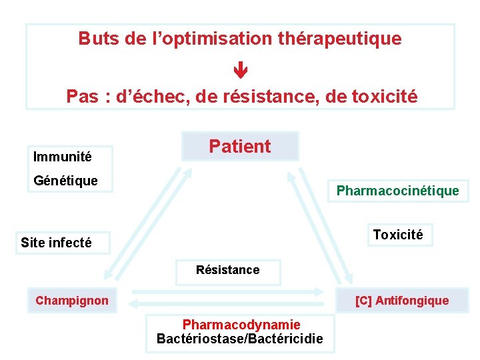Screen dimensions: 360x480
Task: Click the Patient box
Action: click(x=240, y=146)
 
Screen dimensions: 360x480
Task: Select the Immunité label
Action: click(x=63, y=157)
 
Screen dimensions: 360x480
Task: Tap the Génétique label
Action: click(x=66, y=181)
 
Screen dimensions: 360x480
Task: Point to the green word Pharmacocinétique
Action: click(x=397, y=191)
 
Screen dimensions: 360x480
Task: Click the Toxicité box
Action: click(x=398, y=235)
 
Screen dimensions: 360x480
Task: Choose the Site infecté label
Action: click(x=56, y=243)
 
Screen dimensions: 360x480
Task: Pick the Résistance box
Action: click(x=227, y=270)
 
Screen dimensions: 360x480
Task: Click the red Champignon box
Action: click(x=72, y=301)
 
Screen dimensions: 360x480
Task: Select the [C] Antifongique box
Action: click(x=402, y=301)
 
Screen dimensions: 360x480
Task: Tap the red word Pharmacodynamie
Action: click(x=241, y=325)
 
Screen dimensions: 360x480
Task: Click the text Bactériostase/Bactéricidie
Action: click(x=240, y=339)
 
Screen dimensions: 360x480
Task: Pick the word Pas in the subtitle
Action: click(x=81, y=97)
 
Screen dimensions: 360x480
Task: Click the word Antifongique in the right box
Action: click(x=412, y=301)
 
